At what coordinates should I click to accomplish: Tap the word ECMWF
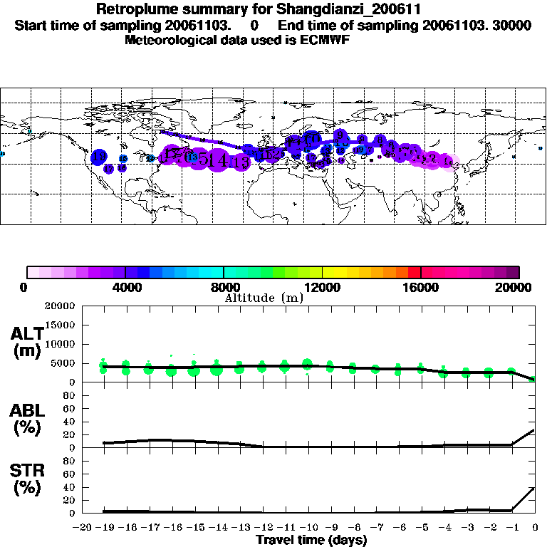(324, 40)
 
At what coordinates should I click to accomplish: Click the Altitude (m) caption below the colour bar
(264, 298)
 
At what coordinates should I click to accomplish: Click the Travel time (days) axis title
(311, 541)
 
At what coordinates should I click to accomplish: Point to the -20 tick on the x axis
(83, 528)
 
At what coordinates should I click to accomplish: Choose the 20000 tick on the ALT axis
(60, 306)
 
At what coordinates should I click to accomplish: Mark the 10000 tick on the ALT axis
(60, 344)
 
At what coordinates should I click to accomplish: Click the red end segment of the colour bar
(414, 272)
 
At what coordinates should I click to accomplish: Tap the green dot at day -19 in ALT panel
(104, 368)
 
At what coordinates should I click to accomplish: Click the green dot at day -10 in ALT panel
(308, 365)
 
